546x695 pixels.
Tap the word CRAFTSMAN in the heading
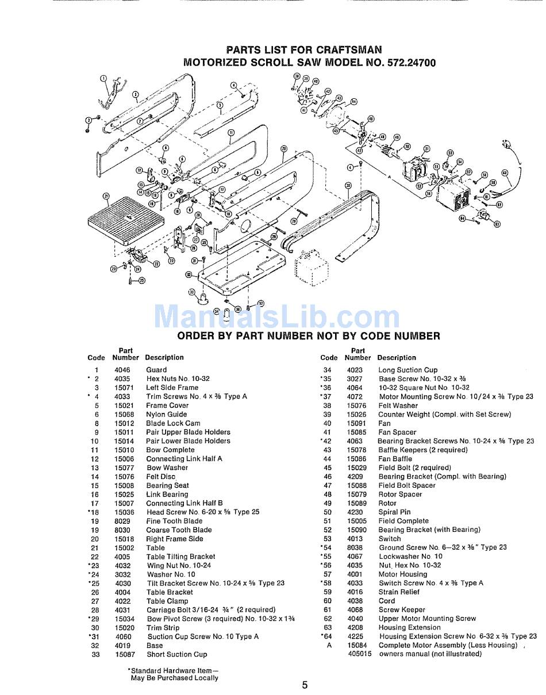348,50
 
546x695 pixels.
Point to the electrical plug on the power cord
506,145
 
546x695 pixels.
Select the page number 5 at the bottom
305,685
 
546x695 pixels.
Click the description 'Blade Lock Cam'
173,423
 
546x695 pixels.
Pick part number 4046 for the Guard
122,370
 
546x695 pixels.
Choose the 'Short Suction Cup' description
176,654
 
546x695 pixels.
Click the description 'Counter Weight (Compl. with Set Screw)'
444,414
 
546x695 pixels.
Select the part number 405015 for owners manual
359,654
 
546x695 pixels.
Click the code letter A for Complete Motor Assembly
329,645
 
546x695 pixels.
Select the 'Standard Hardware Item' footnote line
173,670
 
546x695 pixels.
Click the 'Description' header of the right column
397,357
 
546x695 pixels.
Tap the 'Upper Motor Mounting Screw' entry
427,619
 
